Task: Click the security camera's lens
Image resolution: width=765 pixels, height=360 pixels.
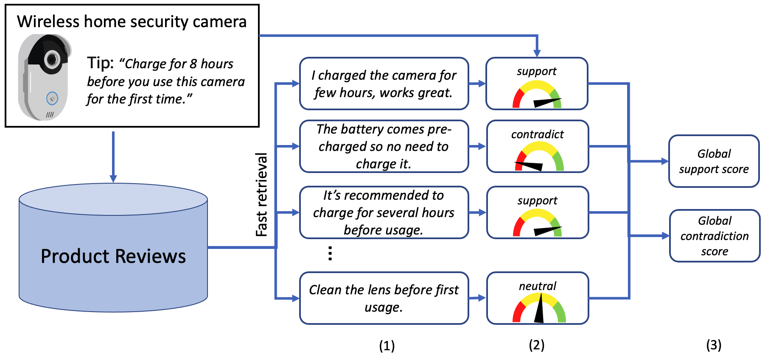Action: [x=52, y=59]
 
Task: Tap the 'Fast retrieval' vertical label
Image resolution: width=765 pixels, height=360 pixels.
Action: [x=262, y=195]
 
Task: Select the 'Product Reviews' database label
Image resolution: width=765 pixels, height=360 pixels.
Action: [x=113, y=256]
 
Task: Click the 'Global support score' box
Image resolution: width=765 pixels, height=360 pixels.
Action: [x=714, y=161]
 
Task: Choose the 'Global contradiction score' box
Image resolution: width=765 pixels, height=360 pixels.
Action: [x=715, y=236]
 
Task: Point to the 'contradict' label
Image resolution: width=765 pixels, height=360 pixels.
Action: [x=537, y=134]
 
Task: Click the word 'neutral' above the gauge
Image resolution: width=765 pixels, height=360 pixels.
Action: [x=537, y=286]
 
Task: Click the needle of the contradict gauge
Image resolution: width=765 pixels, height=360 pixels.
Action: [x=529, y=165]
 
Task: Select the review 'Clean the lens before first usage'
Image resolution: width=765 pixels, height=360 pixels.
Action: [x=384, y=298]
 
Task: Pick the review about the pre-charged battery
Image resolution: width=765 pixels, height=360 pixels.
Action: [x=384, y=146]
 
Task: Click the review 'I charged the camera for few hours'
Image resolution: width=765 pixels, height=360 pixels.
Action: [x=384, y=84]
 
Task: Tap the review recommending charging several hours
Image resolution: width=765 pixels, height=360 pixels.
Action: [x=384, y=212]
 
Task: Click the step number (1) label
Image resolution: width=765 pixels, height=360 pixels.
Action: [x=387, y=346]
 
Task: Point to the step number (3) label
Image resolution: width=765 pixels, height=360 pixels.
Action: [x=714, y=345]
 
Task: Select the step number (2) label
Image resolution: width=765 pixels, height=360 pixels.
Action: [x=536, y=345]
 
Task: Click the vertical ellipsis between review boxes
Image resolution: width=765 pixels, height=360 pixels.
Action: [x=330, y=253]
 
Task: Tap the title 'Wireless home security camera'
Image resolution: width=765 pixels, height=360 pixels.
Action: [x=132, y=22]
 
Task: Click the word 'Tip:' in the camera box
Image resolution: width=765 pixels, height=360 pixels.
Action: [x=100, y=63]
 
